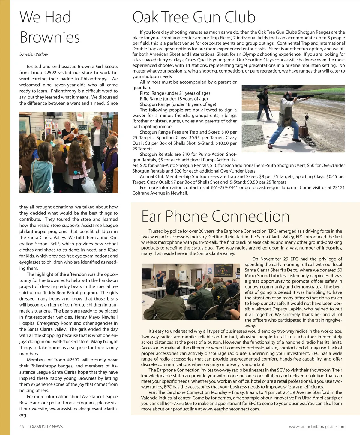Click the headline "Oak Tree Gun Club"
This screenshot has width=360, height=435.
pos(194,17)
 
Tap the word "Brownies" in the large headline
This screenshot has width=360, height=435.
pos(50,37)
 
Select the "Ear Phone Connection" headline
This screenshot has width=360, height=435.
pos(215,216)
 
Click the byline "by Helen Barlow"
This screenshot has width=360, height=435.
pos(34,54)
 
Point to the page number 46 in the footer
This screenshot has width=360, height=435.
pos(22,427)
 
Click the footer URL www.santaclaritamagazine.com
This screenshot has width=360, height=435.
pos(317,427)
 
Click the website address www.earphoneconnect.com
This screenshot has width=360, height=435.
pos(231,409)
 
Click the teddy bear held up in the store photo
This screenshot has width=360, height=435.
pos(73,134)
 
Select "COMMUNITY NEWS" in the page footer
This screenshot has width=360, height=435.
pos(45,427)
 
